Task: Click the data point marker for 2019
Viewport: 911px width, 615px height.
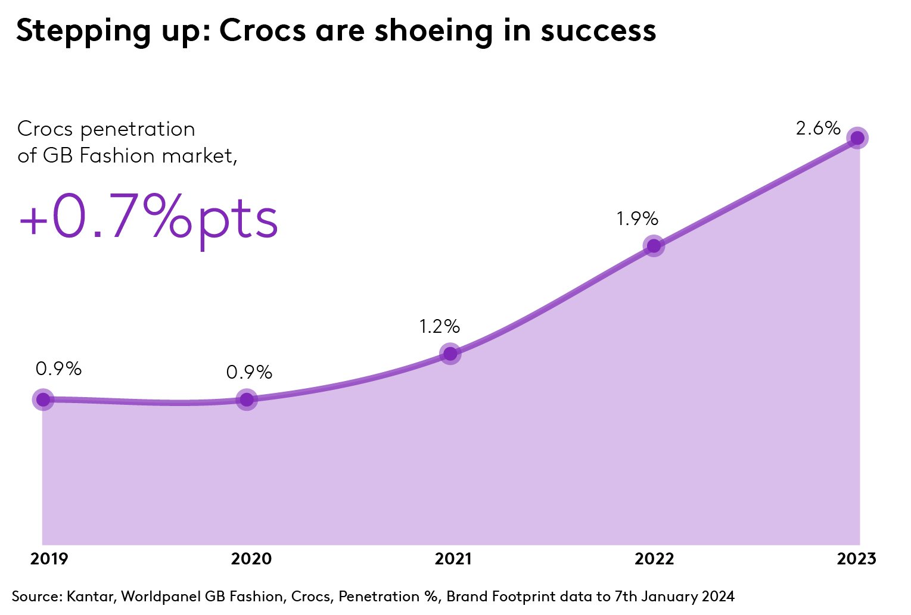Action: tap(43, 399)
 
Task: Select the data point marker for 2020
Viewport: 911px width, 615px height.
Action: tap(247, 399)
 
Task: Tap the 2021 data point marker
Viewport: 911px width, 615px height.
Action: tap(450, 354)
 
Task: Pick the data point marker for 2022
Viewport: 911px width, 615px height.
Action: tap(654, 246)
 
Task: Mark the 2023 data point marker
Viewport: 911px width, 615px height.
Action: tap(857, 138)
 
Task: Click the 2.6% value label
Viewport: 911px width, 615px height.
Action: tap(818, 129)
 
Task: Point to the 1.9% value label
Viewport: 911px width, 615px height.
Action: tap(638, 218)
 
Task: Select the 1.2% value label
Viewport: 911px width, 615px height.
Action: tap(440, 326)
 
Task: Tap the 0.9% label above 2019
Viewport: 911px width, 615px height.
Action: tap(58, 369)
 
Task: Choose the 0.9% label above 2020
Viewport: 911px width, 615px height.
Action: tap(249, 372)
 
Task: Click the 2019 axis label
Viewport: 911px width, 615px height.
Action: tap(49, 559)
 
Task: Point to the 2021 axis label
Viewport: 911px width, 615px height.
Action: tap(453, 559)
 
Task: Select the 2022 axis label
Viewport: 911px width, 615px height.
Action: tap(654, 559)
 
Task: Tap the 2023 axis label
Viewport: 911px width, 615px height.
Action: tap(856, 559)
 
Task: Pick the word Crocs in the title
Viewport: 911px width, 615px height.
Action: tap(263, 31)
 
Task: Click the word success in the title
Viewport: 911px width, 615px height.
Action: tap(598, 32)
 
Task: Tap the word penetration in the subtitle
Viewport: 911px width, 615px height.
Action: tap(138, 130)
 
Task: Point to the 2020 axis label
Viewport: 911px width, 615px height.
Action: tap(251, 559)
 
